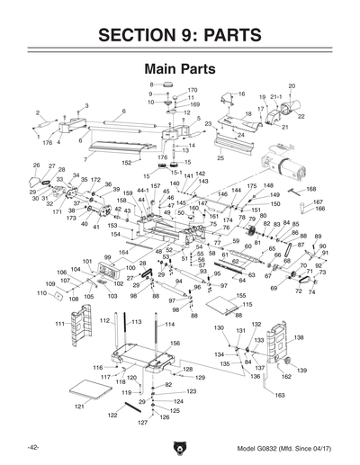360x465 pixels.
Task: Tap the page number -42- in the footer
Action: pos(32,447)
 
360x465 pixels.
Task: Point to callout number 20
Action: pos(291,86)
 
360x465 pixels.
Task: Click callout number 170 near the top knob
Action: pos(193,90)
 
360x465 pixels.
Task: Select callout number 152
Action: pos(127,162)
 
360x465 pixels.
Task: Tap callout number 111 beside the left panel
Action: pos(58,323)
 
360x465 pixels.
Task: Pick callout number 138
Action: pos(299,337)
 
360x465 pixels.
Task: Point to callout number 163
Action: pos(280,395)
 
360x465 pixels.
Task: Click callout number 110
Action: pos(40,293)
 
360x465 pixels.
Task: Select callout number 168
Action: pos(310,189)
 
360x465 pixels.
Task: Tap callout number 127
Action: pos(141,422)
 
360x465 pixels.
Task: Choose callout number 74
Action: pos(311,293)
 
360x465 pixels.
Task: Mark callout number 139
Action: pos(302,371)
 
